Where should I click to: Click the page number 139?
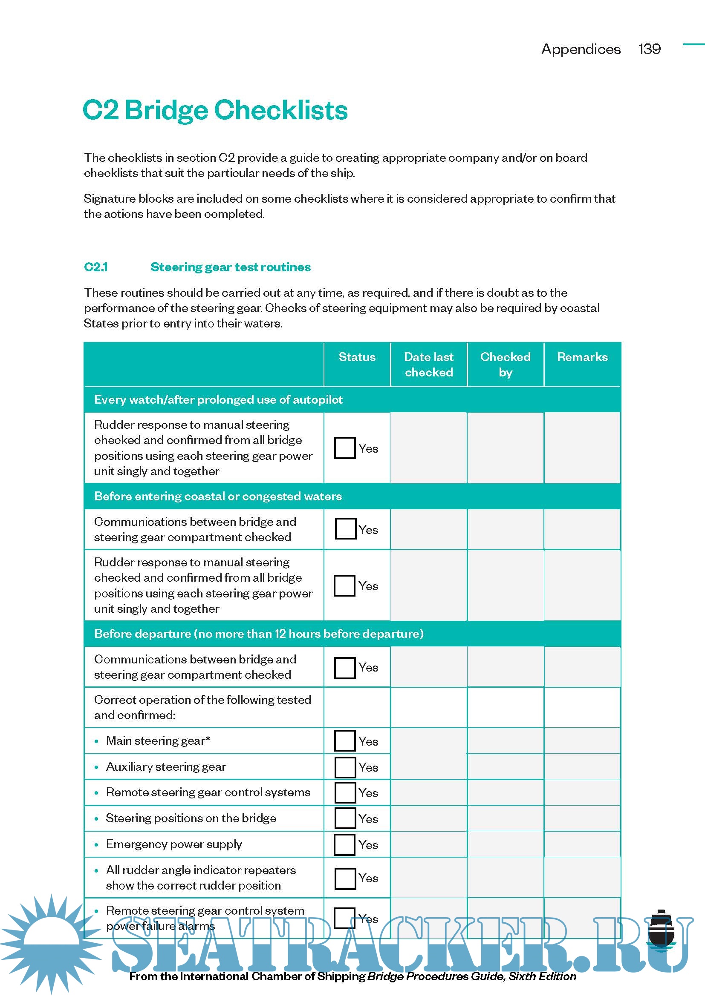tap(649, 49)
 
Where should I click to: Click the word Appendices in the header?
tap(581, 49)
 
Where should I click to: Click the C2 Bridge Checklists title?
tap(215, 110)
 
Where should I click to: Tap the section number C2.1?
tap(96, 267)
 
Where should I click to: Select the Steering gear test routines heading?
tap(230, 267)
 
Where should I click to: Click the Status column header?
tap(356, 357)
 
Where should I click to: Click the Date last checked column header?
tap(428, 365)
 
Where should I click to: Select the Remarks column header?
tap(582, 357)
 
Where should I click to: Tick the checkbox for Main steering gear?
tap(345, 741)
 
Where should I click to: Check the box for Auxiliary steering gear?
tap(345, 767)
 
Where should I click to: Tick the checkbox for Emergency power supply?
tap(345, 844)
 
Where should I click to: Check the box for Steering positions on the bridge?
tap(345, 818)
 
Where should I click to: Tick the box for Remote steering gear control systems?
tap(345, 792)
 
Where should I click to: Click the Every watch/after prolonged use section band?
tap(218, 399)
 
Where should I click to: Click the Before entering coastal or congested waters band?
tap(218, 496)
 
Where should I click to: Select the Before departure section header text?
tap(259, 634)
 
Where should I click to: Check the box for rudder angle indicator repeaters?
tap(345, 878)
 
